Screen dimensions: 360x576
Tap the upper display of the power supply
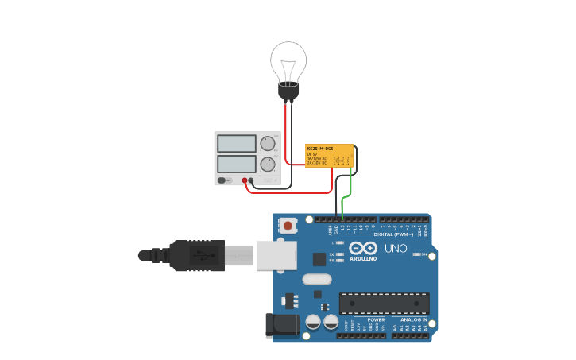pos(236,144)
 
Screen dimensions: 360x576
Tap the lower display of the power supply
pos(236,164)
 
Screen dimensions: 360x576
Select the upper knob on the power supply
pos(268,144)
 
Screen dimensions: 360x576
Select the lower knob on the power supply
pos(268,165)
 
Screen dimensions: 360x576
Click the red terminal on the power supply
pos(245,180)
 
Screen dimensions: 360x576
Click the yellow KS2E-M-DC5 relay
pos(329,156)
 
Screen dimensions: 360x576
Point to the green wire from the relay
pos(348,189)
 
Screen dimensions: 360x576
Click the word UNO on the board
pos(396,249)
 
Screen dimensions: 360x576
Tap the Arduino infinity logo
pos(363,249)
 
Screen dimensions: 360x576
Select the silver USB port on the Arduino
pos(276,255)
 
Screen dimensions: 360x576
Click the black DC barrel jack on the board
pos(281,324)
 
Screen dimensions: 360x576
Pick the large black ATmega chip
pos(384,303)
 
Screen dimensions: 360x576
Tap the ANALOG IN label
pos(413,319)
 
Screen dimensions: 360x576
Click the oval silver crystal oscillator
pos(316,279)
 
